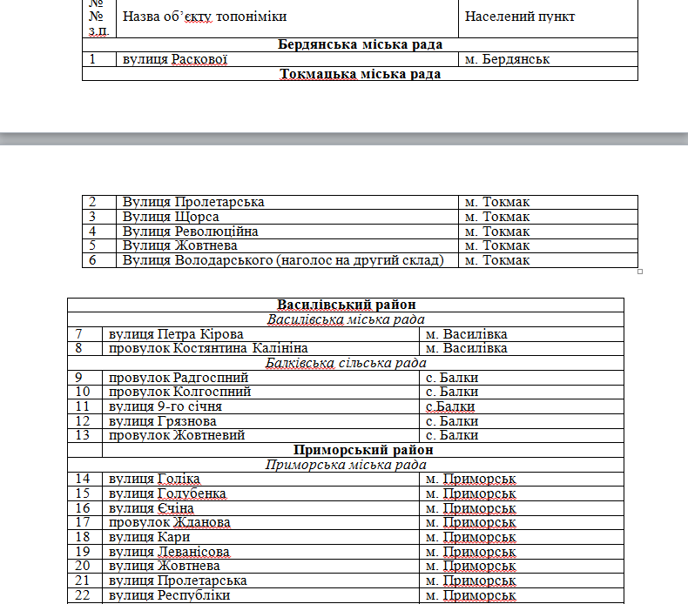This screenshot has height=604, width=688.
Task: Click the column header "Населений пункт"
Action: click(520, 17)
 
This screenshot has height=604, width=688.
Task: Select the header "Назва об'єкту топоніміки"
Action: click(205, 17)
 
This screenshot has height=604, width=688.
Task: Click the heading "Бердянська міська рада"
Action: click(360, 44)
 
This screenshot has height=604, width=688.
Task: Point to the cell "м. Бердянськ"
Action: click(507, 59)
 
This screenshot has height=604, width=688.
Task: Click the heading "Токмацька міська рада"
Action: click(360, 74)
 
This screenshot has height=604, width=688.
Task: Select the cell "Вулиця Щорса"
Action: click(171, 217)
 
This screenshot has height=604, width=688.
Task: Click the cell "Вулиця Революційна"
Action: click(191, 232)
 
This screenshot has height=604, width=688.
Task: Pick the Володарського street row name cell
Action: click(283, 260)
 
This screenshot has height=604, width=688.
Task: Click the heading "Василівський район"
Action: click(346, 305)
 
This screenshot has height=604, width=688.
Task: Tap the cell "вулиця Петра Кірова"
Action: click(176, 334)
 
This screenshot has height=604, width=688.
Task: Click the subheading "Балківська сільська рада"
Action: click(346, 363)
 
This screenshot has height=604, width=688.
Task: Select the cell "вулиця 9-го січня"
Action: click(165, 406)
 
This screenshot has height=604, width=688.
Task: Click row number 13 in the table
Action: click(84, 435)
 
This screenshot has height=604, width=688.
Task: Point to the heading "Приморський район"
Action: click(363, 450)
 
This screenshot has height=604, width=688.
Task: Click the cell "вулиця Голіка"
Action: click(154, 479)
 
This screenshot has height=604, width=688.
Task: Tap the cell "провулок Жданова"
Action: click(169, 522)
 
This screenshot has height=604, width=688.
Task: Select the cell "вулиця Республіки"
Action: click(169, 595)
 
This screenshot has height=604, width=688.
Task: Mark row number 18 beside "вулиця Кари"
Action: click(84, 537)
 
